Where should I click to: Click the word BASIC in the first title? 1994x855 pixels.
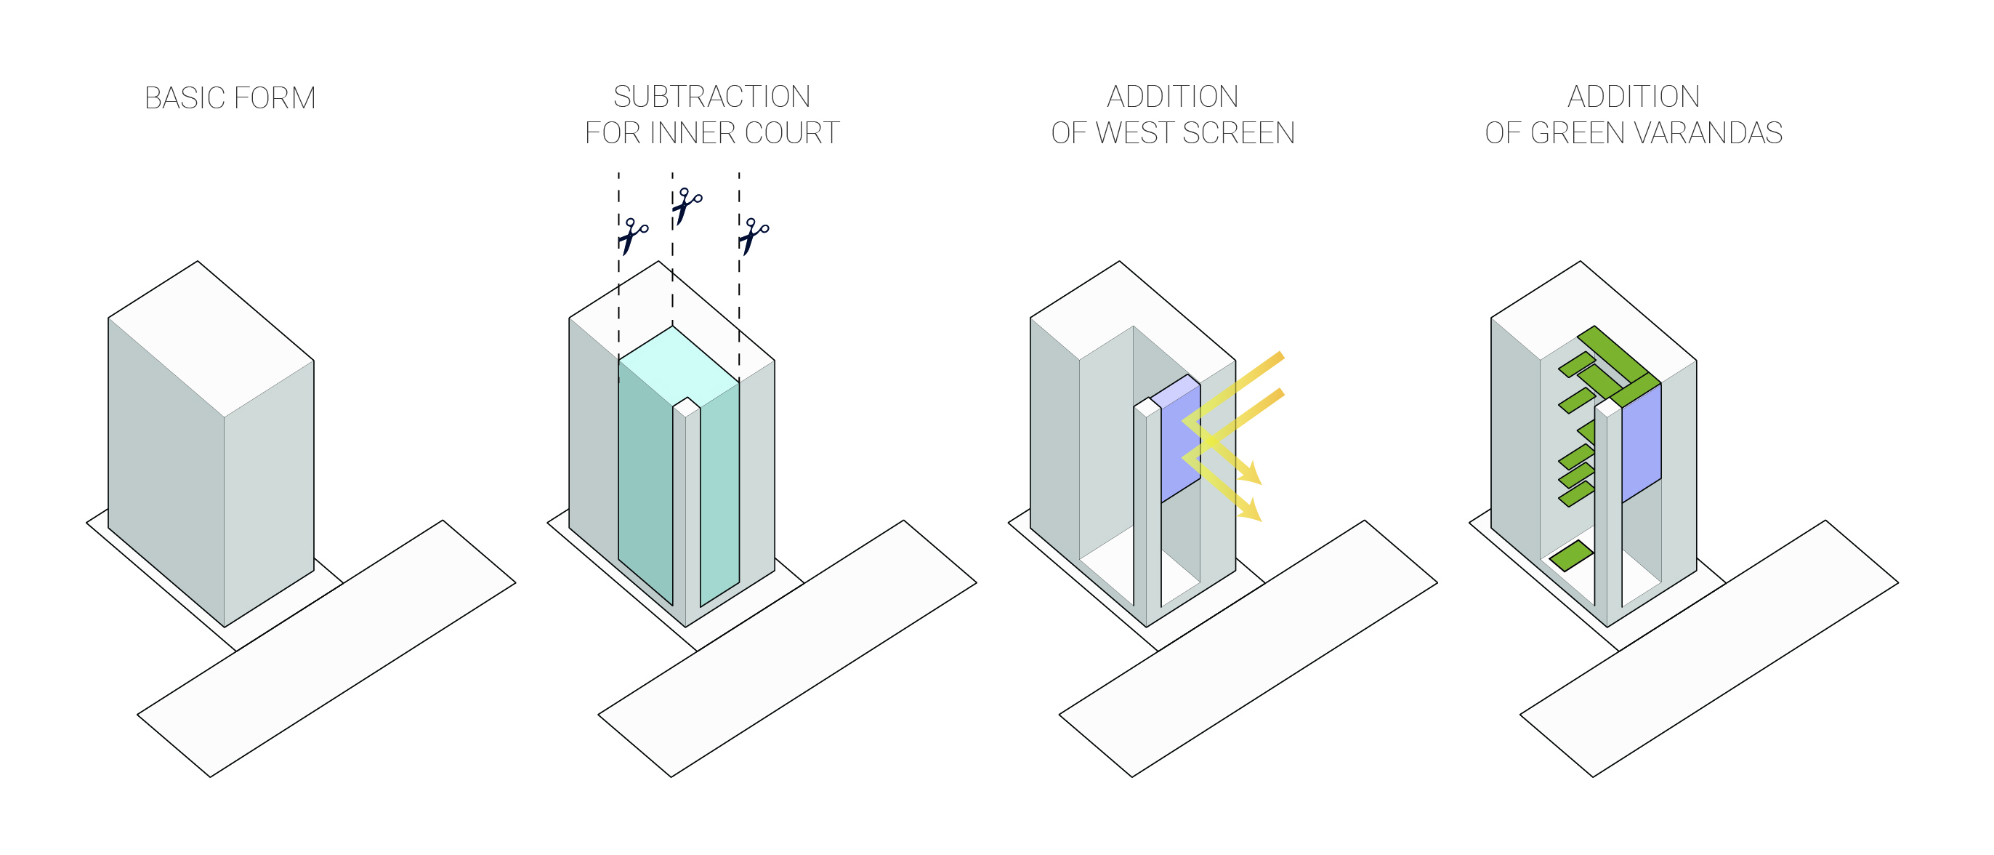(x=185, y=98)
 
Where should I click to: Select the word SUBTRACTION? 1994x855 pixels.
(x=711, y=97)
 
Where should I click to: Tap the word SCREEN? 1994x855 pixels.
(x=1238, y=133)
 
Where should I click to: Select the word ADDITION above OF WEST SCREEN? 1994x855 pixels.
(x=1172, y=97)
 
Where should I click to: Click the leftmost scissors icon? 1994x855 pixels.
(x=632, y=236)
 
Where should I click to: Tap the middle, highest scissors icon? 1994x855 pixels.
(x=686, y=205)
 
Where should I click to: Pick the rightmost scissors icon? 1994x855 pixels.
(x=753, y=236)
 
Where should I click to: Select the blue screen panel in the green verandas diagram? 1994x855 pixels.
(x=1641, y=445)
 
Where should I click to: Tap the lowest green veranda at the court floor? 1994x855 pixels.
(x=1570, y=555)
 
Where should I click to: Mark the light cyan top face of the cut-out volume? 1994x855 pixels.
(x=677, y=363)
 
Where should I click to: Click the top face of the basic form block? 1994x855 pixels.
(x=211, y=339)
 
